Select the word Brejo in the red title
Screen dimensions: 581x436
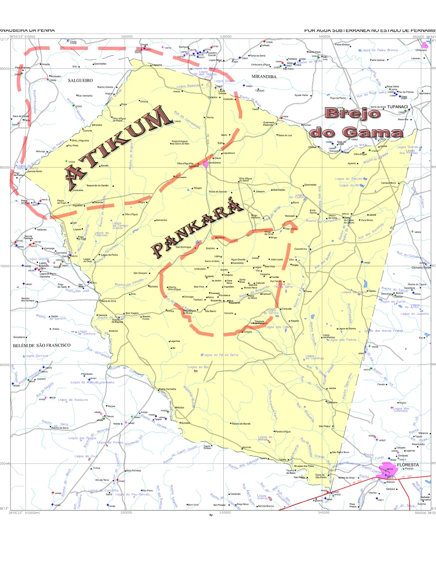coord(353,113)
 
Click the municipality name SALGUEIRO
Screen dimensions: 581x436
coord(80,80)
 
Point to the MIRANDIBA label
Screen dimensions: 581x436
coord(264,77)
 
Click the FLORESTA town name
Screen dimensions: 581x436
coord(408,465)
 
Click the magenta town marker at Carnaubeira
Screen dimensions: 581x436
coord(205,164)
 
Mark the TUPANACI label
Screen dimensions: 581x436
coord(397,107)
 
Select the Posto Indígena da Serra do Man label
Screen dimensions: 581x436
coord(180,142)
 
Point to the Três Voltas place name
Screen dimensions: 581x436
coord(291,229)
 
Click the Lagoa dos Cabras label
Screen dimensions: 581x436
coord(279,327)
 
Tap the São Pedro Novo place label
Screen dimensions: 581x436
coord(340,452)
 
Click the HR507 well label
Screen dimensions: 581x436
coord(382,441)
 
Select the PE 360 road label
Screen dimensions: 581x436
coord(407,477)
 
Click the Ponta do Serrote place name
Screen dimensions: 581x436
coord(218,192)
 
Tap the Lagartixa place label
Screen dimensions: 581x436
coord(175,341)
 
